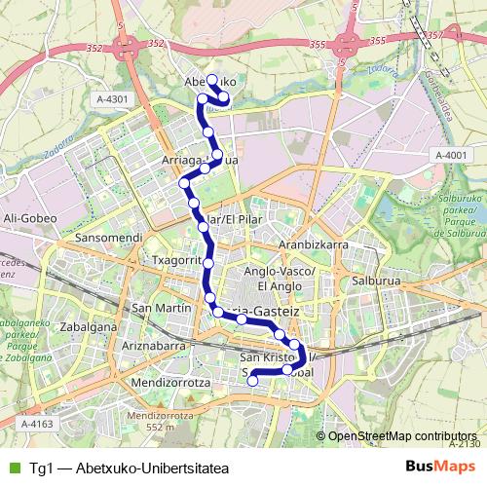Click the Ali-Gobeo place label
coord(27,217)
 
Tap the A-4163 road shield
coord(35,424)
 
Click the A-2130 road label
coord(467,444)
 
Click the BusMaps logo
coord(441,465)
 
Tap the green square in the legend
coord(14,465)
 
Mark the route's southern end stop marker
coord(252,381)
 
